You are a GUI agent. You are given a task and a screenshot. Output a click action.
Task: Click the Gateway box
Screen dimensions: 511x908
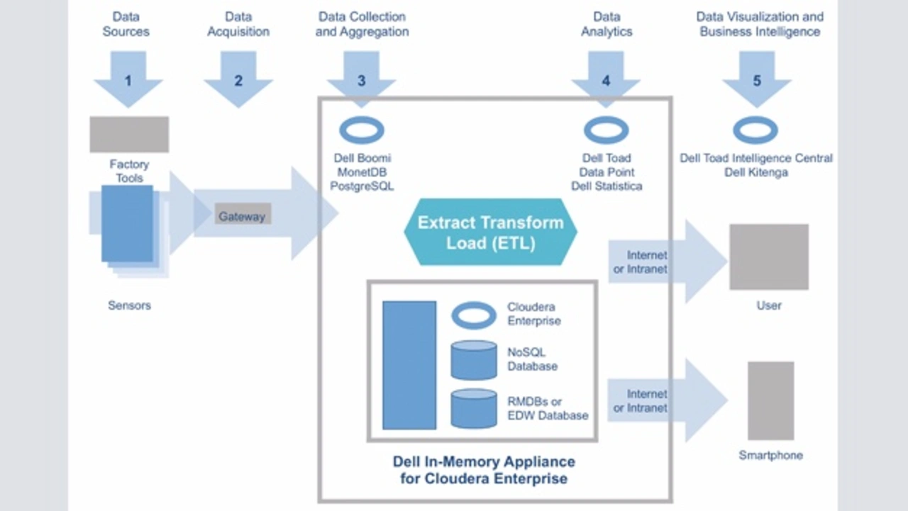click(x=242, y=215)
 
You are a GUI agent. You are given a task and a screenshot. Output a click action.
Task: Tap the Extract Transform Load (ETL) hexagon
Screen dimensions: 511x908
click(x=490, y=232)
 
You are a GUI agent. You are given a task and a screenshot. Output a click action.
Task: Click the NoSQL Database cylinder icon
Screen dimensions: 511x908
click(x=474, y=360)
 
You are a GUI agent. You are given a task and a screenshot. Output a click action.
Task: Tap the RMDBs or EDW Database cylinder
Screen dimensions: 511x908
click(x=474, y=408)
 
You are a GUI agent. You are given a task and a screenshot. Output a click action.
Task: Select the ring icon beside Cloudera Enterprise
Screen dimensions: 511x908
click(x=474, y=315)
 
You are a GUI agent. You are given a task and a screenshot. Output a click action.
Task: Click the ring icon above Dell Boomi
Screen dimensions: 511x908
click(x=362, y=130)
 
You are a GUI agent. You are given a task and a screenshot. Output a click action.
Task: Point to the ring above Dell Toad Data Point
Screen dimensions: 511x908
click(x=606, y=130)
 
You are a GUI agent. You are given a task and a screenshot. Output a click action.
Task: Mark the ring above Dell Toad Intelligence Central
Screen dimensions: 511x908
click(x=755, y=130)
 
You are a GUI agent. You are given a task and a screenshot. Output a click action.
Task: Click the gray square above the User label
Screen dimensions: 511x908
click(x=769, y=257)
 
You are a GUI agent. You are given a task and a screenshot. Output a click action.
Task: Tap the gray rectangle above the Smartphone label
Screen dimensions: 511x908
click(x=770, y=400)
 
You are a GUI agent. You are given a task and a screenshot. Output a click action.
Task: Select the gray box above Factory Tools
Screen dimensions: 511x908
click(x=129, y=135)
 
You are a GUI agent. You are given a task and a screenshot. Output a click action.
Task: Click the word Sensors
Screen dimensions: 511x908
click(x=129, y=305)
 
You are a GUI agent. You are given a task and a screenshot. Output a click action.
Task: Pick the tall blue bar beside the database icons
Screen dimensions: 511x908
click(x=409, y=365)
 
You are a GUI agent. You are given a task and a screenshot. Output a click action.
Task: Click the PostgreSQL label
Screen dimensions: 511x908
click(x=362, y=186)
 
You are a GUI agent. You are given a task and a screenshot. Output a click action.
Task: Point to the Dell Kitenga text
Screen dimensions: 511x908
click(x=756, y=172)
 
